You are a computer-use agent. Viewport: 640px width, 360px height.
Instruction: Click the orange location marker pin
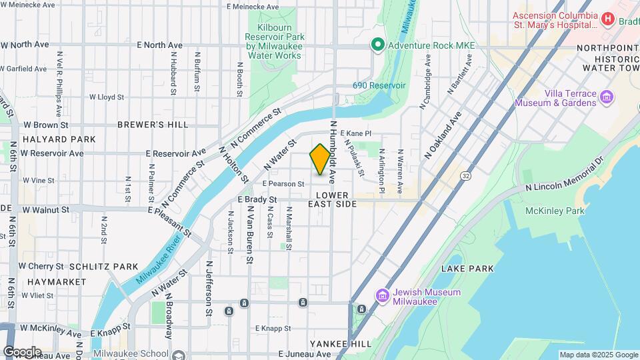click(320, 159)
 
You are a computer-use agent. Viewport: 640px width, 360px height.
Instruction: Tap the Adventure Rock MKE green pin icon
click(377, 45)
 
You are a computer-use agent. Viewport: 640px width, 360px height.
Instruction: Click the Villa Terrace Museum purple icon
click(606, 98)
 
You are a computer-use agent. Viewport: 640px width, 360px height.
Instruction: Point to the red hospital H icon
click(607, 19)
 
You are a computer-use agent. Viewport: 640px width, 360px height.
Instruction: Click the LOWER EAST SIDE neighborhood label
click(333, 199)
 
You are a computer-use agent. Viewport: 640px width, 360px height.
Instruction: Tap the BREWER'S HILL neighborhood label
click(153, 125)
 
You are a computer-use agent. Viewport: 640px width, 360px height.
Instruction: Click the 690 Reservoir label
click(379, 86)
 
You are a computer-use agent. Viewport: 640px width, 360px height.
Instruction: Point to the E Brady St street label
click(257, 199)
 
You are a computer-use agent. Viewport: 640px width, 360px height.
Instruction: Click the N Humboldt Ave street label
click(331, 149)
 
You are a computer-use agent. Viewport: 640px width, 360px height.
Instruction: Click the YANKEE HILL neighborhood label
click(340, 343)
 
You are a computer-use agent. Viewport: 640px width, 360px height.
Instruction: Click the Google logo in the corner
click(22, 351)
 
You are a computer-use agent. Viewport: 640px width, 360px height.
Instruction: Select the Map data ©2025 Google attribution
click(598, 355)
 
